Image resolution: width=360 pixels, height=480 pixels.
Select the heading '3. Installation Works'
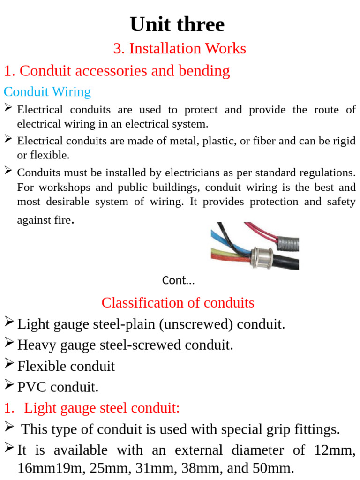[x=180, y=48]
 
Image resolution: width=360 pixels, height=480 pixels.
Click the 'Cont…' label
[x=178, y=280]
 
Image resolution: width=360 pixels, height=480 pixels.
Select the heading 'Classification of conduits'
[x=178, y=303]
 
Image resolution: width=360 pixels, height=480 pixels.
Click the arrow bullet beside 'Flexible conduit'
[x=9, y=364]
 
